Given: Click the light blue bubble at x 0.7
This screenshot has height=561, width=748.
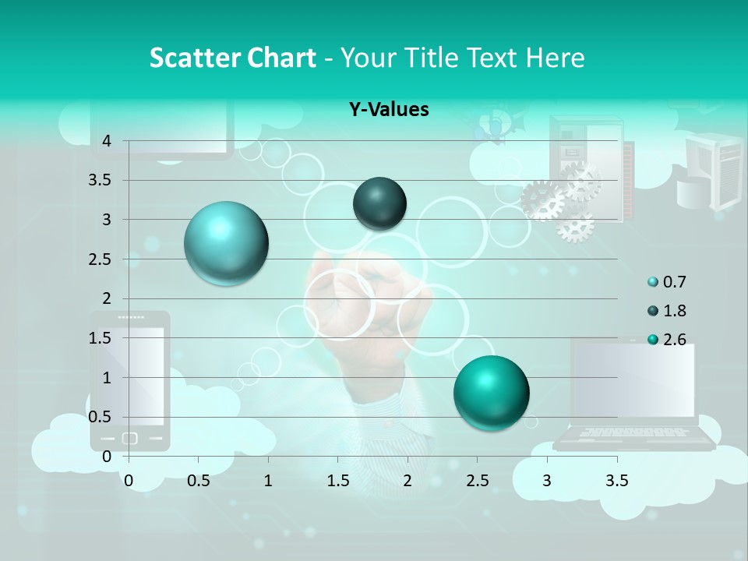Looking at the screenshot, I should [x=226, y=243].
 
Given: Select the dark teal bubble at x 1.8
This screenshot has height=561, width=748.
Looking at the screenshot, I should [x=379, y=203].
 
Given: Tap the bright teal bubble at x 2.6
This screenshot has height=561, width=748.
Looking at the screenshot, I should [x=491, y=393].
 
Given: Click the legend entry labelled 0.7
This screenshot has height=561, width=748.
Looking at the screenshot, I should [x=667, y=282].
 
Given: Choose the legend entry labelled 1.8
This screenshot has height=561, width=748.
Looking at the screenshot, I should [x=667, y=311].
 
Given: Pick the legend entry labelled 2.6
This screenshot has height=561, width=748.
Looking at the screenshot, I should [x=667, y=340].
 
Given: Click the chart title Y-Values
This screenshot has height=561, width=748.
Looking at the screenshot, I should [x=388, y=110].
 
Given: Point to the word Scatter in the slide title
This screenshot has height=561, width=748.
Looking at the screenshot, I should [x=193, y=58].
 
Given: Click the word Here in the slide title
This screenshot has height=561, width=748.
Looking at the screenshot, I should [x=555, y=58].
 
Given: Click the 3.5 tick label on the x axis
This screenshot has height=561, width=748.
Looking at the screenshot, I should [x=616, y=481].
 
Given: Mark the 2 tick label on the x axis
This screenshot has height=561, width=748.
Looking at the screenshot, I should [x=408, y=481].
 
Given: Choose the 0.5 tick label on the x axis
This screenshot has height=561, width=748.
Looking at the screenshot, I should [x=199, y=481].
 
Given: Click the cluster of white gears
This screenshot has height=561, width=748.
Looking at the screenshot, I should [x=564, y=201].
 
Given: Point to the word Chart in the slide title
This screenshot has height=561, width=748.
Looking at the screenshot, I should [x=278, y=58].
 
